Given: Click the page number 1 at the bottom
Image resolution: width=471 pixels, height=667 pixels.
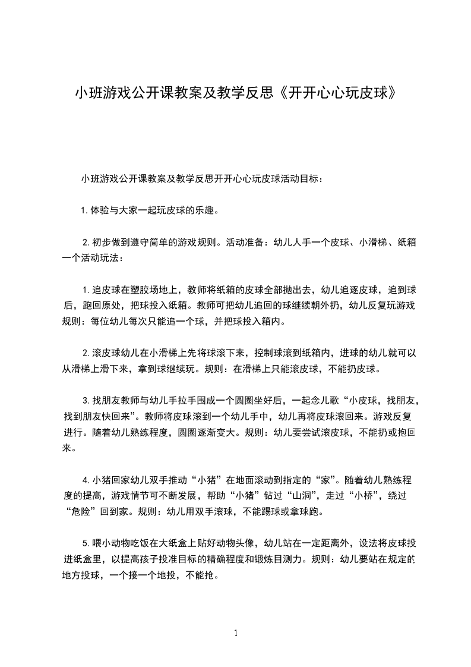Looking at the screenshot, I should point(236,633).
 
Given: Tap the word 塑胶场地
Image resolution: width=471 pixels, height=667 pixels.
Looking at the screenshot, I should point(147,290).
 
